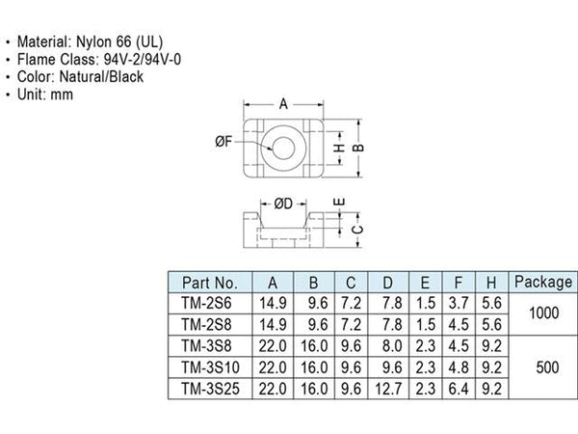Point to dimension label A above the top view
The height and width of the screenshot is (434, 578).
tap(283, 104)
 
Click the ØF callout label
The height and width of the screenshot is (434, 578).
tap(224, 141)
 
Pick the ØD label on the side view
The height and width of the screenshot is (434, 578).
tap(283, 203)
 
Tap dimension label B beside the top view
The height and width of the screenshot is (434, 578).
tap(358, 148)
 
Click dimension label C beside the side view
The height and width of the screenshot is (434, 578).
tap(356, 231)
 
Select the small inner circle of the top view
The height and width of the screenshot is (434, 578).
tap(283, 137)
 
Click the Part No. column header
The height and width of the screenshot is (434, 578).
tap(210, 283)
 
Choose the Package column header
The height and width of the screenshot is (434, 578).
tap(543, 283)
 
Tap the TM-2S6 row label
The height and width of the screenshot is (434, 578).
tap(206, 304)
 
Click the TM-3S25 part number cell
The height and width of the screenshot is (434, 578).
tap(210, 389)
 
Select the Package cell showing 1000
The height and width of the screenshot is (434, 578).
tap(543, 313)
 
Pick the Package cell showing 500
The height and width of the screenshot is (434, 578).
tap(547, 367)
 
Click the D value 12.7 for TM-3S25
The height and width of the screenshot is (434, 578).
tap(388, 389)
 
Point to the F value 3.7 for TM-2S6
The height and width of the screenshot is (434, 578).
tap(459, 304)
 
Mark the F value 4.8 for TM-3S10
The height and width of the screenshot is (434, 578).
tap(459, 367)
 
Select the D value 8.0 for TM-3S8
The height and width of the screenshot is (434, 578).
tap(392, 346)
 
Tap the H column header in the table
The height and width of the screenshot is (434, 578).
tap(491, 283)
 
